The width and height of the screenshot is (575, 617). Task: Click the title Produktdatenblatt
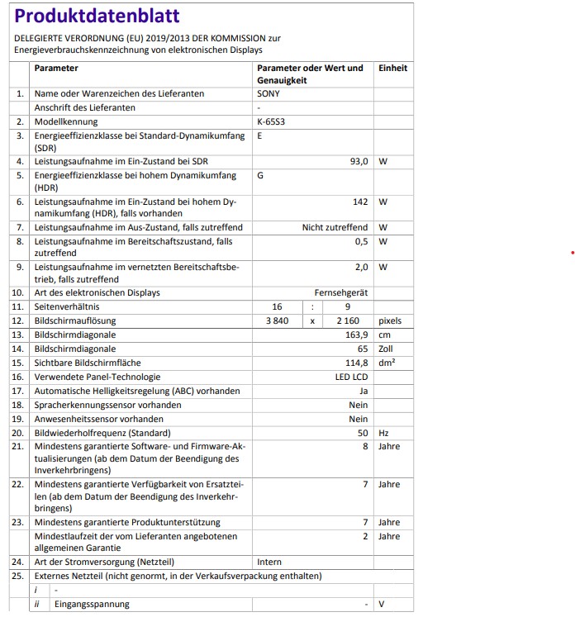coord(97,17)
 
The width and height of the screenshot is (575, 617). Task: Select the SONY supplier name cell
coord(268,94)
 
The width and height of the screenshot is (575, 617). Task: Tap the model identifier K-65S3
coord(271,121)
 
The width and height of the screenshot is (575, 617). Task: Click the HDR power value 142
coord(359,202)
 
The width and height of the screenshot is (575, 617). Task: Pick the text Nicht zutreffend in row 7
coord(335,227)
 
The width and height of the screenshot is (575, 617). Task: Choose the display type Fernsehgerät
coord(341,292)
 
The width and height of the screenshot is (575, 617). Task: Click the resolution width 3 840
coord(277,320)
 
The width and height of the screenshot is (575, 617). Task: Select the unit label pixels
coord(389,320)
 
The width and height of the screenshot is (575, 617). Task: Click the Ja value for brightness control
coord(364,391)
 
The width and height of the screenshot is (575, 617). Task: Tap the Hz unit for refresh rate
coord(383,433)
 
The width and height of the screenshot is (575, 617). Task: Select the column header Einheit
coord(392,69)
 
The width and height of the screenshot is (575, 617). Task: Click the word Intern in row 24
coord(269,562)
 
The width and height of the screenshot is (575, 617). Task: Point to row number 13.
coord(19,335)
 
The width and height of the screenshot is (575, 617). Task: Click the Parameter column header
coord(56,69)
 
